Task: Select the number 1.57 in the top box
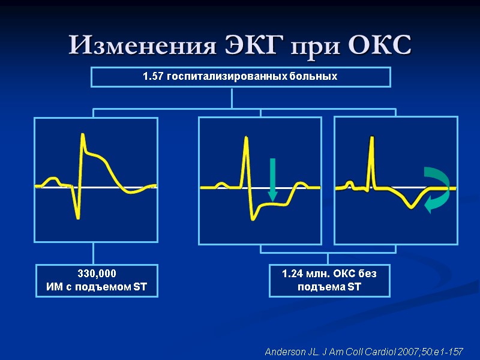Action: (153, 77)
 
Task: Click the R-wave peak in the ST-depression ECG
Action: (245, 138)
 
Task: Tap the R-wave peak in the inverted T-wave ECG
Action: (371, 138)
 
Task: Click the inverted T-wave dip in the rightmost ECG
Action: (411, 206)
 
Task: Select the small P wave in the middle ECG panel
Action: (221, 184)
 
